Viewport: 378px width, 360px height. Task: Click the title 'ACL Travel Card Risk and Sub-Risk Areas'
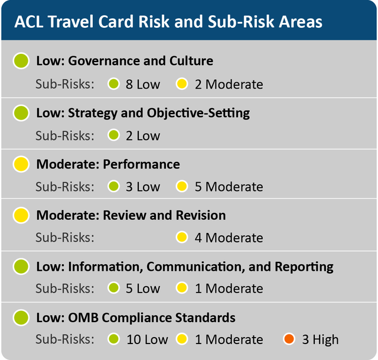tap(168, 22)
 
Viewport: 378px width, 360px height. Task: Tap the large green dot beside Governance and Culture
tap(21, 61)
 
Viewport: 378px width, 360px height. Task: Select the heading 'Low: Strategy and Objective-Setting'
tap(143, 112)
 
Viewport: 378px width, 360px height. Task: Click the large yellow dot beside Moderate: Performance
tap(21, 164)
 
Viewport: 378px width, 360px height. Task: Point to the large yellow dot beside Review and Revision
tap(21, 215)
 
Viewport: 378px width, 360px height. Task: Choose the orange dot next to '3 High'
tap(289, 339)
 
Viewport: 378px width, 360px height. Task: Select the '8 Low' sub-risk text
tap(142, 84)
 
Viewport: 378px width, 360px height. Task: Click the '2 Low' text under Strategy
tap(142, 135)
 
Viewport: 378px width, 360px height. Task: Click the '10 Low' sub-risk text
tap(146, 339)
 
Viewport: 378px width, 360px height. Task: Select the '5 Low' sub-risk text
tap(142, 288)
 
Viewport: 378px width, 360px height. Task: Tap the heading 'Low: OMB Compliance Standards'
tap(136, 317)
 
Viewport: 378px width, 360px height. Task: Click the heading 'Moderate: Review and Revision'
tap(131, 215)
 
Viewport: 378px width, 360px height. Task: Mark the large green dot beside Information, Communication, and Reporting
tap(21, 267)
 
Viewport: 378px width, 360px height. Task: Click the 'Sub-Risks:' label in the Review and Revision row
tap(65, 238)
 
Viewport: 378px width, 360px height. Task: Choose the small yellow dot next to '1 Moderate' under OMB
tap(182, 339)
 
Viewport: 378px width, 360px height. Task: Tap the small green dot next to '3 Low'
tap(114, 187)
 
